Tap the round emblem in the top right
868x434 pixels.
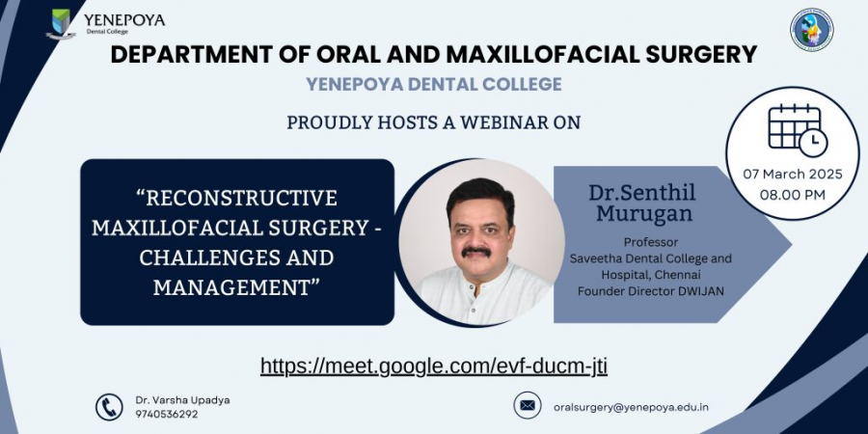point(811,30)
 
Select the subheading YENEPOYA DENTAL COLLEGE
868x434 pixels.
point(434,84)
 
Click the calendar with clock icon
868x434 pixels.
point(798,130)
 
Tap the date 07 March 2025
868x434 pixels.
point(793,175)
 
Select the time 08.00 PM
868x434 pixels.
point(793,195)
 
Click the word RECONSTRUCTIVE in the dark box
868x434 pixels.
point(241,198)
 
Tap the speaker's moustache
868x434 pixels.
point(476,252)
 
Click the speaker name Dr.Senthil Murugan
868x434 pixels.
point(642,203)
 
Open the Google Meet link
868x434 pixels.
point(434,366)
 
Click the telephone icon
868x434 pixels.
point(109,407)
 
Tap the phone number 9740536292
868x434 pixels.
point(167,414)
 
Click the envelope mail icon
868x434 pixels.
point(527,406)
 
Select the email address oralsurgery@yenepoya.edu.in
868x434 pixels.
point(631,407)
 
